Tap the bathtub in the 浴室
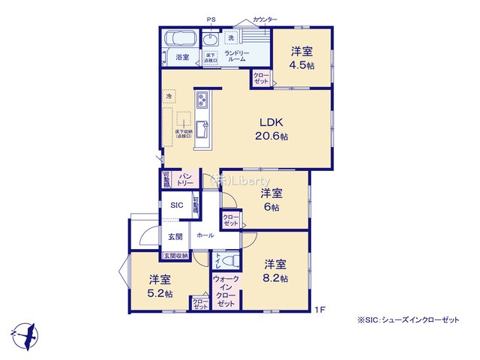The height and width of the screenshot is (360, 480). coord(180,39)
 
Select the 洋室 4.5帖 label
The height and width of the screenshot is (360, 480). coord(302,58)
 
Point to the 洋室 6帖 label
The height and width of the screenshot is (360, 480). coord(270,200)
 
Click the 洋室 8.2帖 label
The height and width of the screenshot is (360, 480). coord(274,271)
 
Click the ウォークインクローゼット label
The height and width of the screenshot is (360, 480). coord(226,291)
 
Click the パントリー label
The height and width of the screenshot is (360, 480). coord(187,179)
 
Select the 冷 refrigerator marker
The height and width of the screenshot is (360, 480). coord(169,97)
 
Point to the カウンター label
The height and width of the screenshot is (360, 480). coord(265,19)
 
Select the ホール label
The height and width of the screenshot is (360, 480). coord(204,235)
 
